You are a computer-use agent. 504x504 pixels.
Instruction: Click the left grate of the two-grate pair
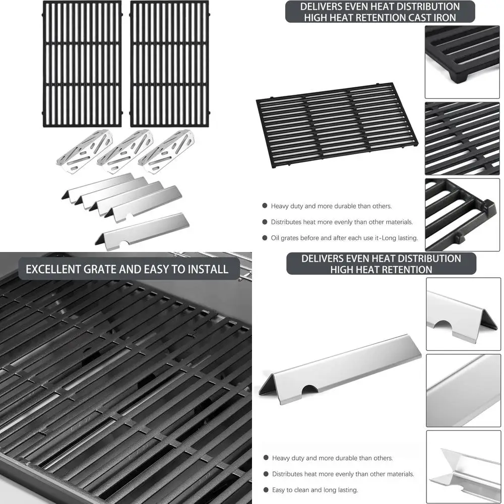[x=82, y=64]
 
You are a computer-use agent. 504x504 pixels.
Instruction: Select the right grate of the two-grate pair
[x=169, y=64]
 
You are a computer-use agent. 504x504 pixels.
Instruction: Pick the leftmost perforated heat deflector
[x=84, y=151]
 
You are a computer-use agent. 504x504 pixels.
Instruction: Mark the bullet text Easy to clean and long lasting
[x=315, y=490]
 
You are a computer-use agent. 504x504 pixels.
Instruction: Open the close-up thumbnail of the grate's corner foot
[x=462, y=62]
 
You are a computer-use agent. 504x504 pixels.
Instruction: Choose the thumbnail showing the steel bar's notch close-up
[x=463, y=314]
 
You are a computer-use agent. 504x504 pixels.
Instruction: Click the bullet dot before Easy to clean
[x=266, y=490]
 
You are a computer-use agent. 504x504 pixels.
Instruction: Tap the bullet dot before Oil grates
[x=265, y=238]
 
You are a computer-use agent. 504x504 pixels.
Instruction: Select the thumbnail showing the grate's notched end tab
[x=462, y=214]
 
